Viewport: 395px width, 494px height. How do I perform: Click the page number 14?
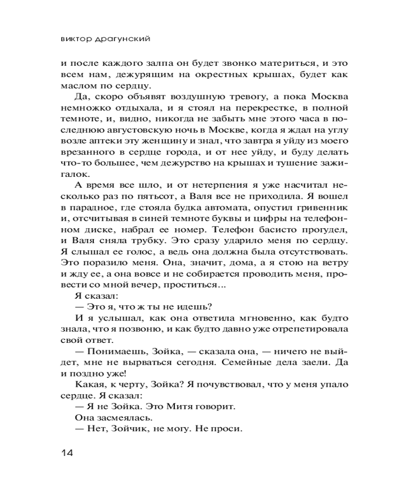click(67, 453)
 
